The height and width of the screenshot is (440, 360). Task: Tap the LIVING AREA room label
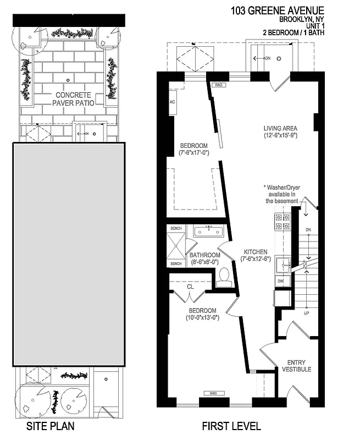(x=280, y=129)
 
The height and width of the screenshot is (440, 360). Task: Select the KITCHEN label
(x=256, y=252)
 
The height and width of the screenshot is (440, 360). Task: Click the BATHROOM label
(x=204, y=255)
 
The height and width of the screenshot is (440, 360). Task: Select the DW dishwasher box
(x=280, y=281)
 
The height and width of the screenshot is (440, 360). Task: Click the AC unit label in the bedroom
(x=171, y=103)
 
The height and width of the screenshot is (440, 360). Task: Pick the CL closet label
(x=190, y=287)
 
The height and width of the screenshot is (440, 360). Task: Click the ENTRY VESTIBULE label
(x=297, y=366)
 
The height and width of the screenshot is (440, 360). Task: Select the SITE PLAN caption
(x=50, y=426)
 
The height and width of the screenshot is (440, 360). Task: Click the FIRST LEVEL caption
(x=231, y=426)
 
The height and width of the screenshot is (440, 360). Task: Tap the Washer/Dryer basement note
(x=282, y=194)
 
